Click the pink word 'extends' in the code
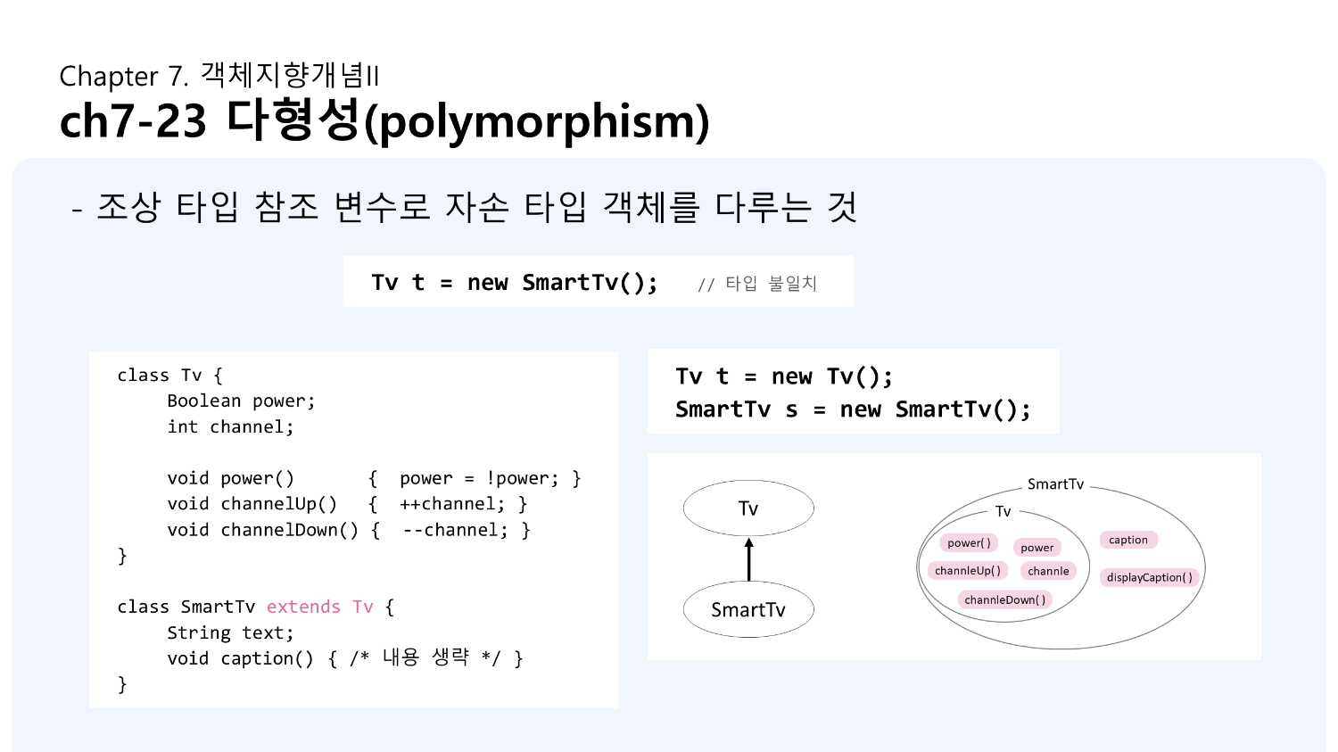point(303,607)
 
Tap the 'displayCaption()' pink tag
point(1149,577)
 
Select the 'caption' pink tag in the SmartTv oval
point(1128,540)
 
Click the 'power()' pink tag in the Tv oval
point(969,542)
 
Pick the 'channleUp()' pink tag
point(968,571)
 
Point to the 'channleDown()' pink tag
point(1005,599)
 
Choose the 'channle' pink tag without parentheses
point(1048,571)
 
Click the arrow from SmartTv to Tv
point(748,560)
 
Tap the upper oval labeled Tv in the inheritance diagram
point(748,508)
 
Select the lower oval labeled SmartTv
point(748,610)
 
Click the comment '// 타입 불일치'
point(757,284)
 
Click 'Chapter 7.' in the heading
point(124,77)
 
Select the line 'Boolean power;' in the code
point(241,401)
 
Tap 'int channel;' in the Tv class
point(230,427)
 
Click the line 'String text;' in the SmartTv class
point(230,632)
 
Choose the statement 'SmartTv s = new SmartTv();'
point(853,409)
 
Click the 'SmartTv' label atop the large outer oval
point(1055,484)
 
